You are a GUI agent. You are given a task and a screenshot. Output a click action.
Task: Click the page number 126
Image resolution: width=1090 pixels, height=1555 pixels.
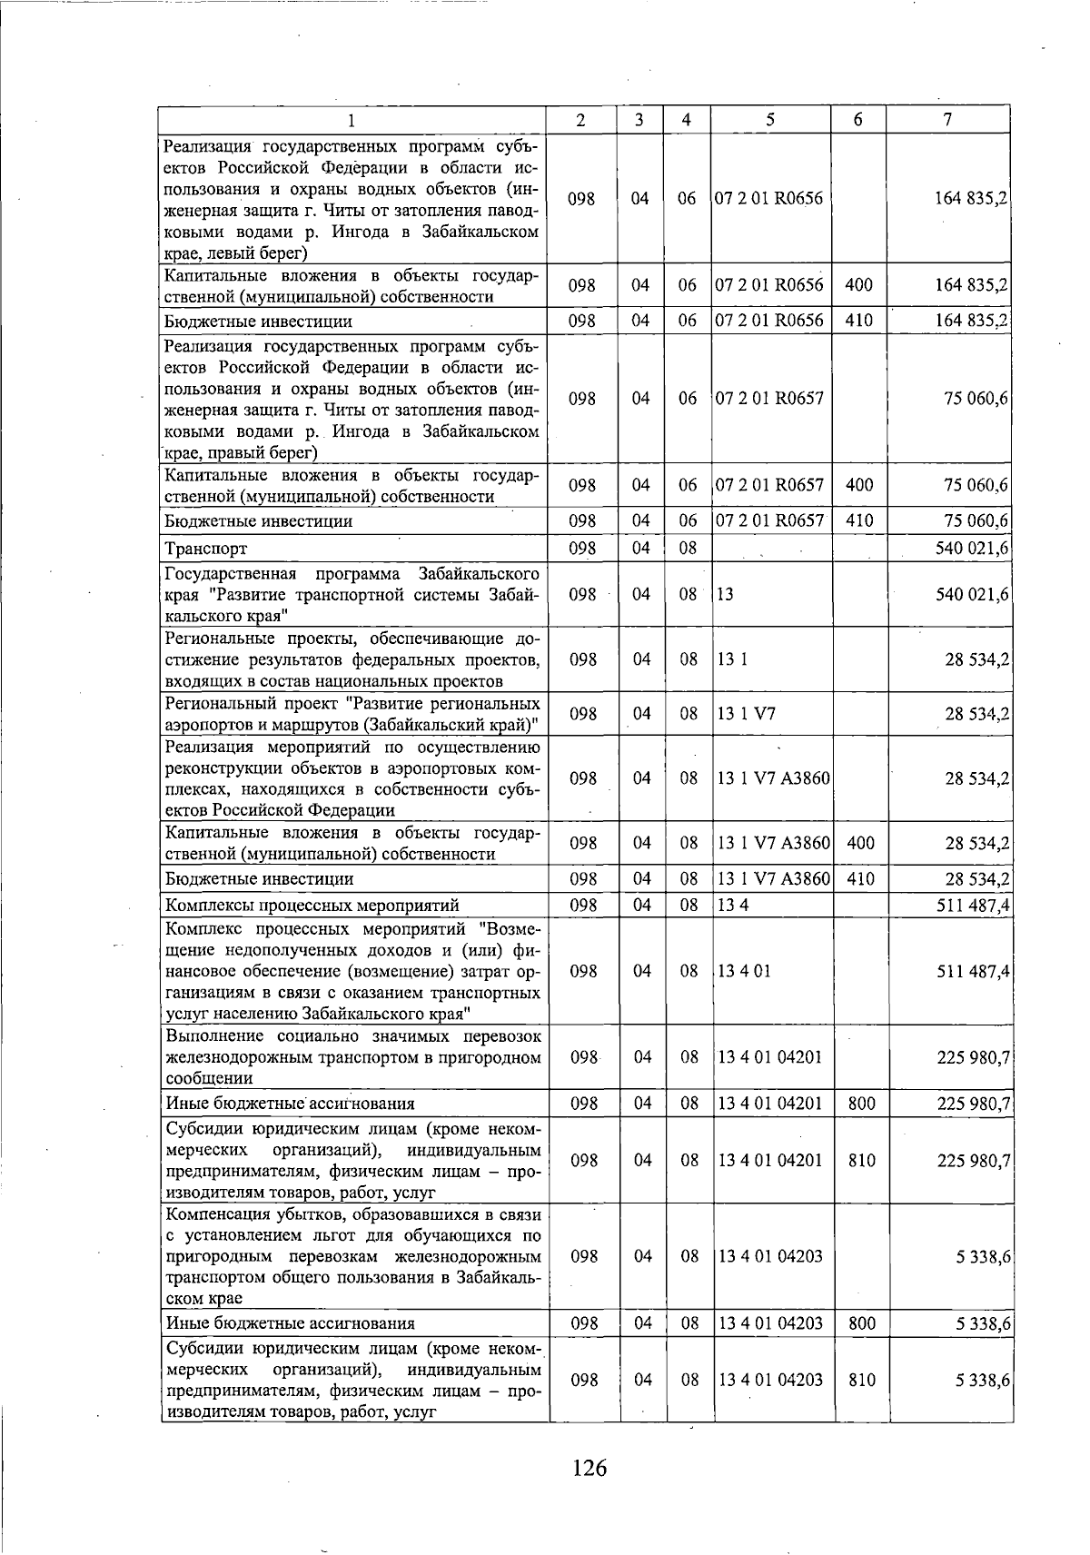pyautogui.click(x=589, y=1467)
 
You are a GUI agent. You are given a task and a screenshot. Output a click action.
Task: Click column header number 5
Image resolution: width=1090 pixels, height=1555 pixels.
pyautogui.click(x=769, y=120)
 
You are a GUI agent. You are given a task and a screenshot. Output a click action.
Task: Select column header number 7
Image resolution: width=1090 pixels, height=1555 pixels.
pyautogui.click(x=947, y=120)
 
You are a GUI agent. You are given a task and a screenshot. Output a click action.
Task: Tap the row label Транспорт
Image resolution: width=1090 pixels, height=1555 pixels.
pyautogui.click(x=206, y=549)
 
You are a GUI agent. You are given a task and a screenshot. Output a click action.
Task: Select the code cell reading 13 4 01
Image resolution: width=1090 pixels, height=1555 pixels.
pyautogui.click(x=744, y=971)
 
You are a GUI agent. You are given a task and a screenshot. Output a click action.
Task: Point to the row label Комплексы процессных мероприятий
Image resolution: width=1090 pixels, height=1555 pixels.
pyautogui.click(x=312, y=906)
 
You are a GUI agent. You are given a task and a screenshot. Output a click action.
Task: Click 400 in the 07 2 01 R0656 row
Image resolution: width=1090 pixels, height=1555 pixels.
pyautogui.click(x=858, y=285)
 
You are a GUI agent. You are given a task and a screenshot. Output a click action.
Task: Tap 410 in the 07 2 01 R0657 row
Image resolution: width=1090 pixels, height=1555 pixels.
pyautogui.click(x=858, y=520)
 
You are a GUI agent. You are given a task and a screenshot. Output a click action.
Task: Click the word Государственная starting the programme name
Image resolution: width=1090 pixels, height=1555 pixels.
pyautogui.click(x=231, y=574)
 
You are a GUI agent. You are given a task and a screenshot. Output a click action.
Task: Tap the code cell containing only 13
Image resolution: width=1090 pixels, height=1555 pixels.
pyautogui.click(x=725, y=595)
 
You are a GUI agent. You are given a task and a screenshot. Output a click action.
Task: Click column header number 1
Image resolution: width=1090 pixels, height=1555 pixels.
pyautogui.click(x=352, y=120)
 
